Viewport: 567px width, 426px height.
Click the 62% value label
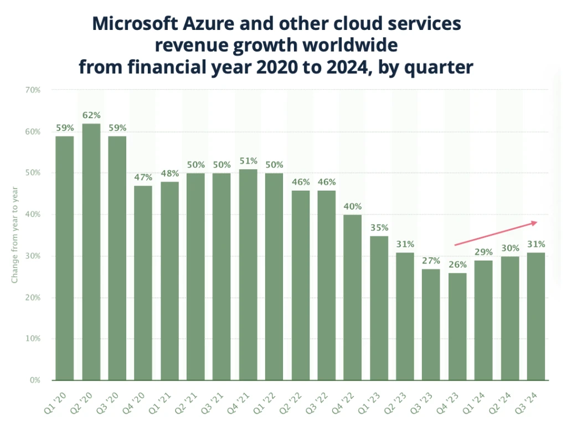pyautogui.click(x=91, y=115)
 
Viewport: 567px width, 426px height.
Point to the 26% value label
pyautogui.click(x=457, y=265)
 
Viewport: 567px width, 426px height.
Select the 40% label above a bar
pyautogui.click(x=353, y=206)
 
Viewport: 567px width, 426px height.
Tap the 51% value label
pyautogui.click(x=248, y=161)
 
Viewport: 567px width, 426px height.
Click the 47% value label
pyautogui.click(x=143, y=177)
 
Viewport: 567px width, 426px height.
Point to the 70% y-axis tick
pyautogui.click(x=33, y=89)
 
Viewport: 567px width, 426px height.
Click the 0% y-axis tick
pyautogui.click(x=35, y=381)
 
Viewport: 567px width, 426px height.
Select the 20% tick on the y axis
pyautogui.click(x=33, y=297)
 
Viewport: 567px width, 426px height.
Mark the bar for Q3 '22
pyautogui.click(x=327, y=285)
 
